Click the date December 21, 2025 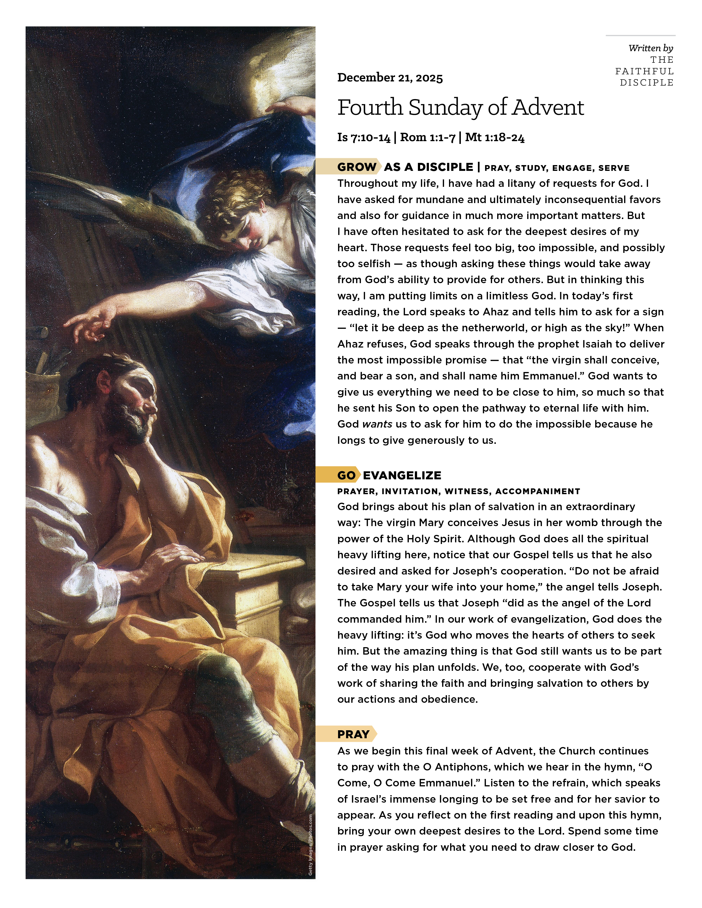390,78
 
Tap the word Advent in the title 548,107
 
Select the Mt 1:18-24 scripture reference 494,138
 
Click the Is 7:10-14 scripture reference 364,138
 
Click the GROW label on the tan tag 357,167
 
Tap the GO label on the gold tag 346,475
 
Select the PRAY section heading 353,734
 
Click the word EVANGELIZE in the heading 402,475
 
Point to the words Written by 651,48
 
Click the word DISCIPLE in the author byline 646,83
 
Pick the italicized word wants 377,424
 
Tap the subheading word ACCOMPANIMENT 537,491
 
